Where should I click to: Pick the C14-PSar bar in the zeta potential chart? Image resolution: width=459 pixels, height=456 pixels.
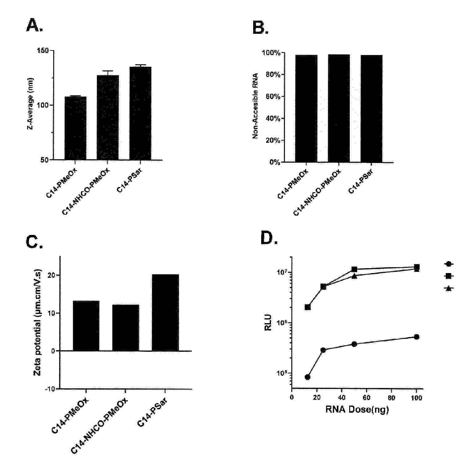(166, 312)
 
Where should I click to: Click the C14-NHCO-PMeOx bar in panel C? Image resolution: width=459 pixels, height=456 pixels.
(126, 328)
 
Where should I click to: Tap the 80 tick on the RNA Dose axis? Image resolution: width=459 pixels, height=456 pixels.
(391, 398)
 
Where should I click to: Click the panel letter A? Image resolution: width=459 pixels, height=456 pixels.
(34, 25)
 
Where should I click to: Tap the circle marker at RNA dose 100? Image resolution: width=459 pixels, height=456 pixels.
(417, 337)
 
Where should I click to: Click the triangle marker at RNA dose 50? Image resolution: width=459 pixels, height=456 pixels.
(354, 276)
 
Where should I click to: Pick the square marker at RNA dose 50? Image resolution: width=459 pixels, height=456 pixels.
(354, 269)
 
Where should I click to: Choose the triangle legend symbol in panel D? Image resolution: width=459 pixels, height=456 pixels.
(449, 288)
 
